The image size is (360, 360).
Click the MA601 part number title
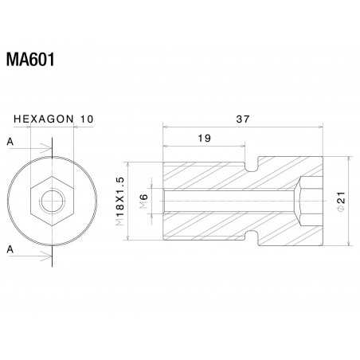coord(29,61)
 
